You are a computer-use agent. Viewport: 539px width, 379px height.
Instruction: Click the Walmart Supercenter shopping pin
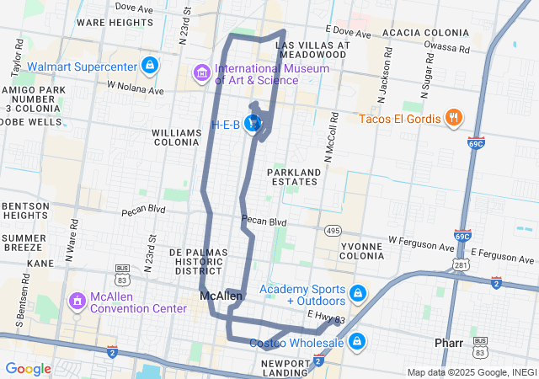pyautogui.click(x=149, y=65)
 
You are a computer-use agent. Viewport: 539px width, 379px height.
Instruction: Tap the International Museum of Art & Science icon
pyautogui.click(x=201, y=73)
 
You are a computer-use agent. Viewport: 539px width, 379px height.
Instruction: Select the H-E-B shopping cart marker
pyautogui.click(x=252, y=125)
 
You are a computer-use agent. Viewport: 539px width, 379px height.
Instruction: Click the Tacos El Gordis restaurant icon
pyautogui.click(x=453, y=118)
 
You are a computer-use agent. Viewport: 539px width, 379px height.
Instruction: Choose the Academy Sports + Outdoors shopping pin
pyautogui.click(x=358, y=294)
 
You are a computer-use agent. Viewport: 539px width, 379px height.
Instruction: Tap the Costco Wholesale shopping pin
pyautogui.click(x=357, y=341)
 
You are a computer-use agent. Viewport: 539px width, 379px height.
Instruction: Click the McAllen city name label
pyautogui.click(x=221, y=296)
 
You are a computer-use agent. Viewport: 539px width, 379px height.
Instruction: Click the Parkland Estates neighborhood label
pyautogui.click(x=294, y=178)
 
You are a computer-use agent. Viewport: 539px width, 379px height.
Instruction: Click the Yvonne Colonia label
pyautogui.click(x=361, y=250)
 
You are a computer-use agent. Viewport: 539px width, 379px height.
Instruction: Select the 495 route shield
pyautogui.click(x=332, y=230)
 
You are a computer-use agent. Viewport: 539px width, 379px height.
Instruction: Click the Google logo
pyautogui.click(x=29, y=368)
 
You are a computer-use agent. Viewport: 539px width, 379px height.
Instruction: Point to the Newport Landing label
pyautogui.click(x=287, y=368)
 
